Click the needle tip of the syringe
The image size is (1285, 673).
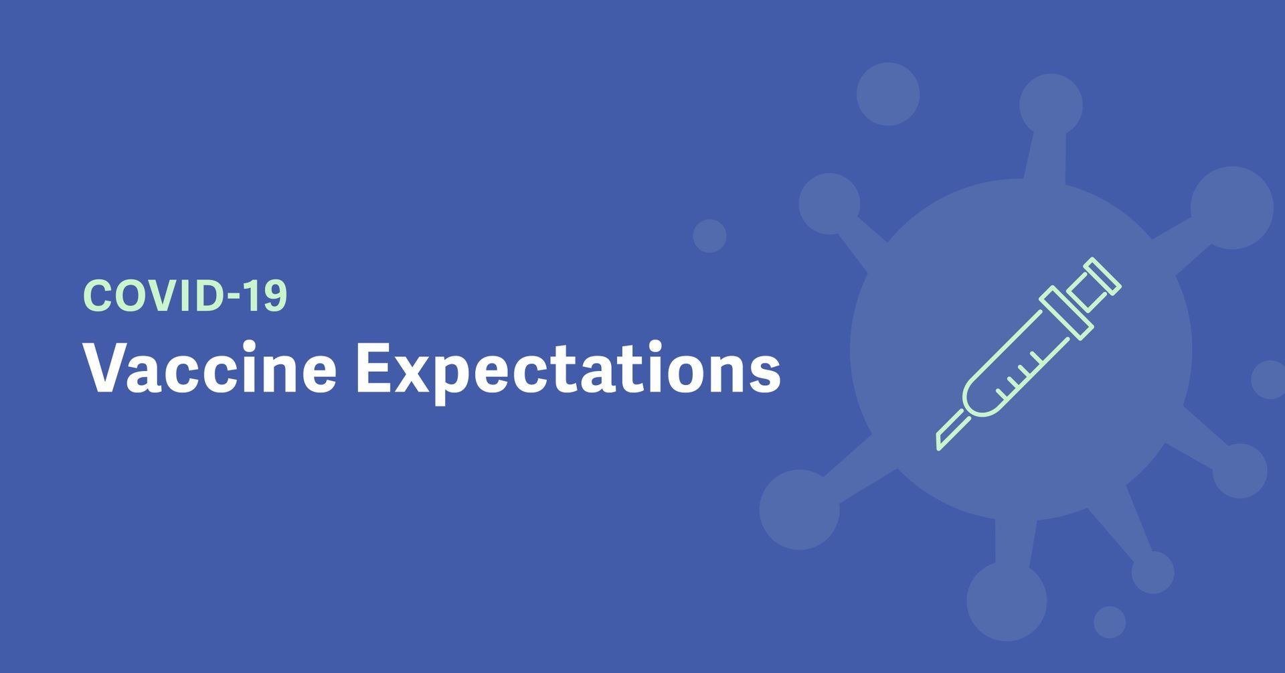pos(938,447)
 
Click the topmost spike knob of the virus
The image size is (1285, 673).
pos(1051,105)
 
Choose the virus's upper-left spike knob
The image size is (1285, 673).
pos(830,204)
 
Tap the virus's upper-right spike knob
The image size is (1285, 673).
pos(1231,208)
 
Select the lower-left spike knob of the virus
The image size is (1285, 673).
pos(799,510)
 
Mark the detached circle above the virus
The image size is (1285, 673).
pos(888,94)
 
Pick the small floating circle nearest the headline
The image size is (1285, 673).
pos(709,236)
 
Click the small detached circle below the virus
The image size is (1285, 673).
pos(1110,622)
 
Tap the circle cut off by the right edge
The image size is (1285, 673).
pos(1268,380)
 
